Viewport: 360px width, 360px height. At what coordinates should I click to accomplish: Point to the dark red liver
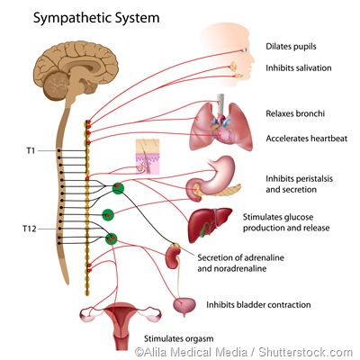208,224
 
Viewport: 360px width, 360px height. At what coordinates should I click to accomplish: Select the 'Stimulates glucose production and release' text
288,222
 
